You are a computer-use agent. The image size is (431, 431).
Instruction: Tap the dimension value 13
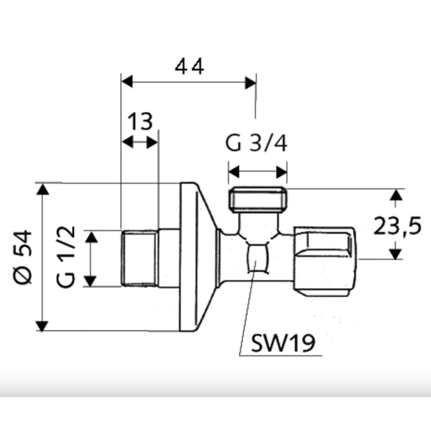point(140,122)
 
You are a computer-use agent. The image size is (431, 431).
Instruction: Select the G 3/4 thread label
point(257,144)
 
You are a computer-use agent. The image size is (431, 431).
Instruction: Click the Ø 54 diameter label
point(23,257)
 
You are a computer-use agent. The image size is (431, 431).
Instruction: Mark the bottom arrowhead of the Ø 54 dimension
point(42,325)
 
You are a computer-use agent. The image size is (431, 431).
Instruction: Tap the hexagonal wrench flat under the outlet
point(257,257)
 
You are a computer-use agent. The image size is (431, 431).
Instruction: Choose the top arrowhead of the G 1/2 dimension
point(92,237)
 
